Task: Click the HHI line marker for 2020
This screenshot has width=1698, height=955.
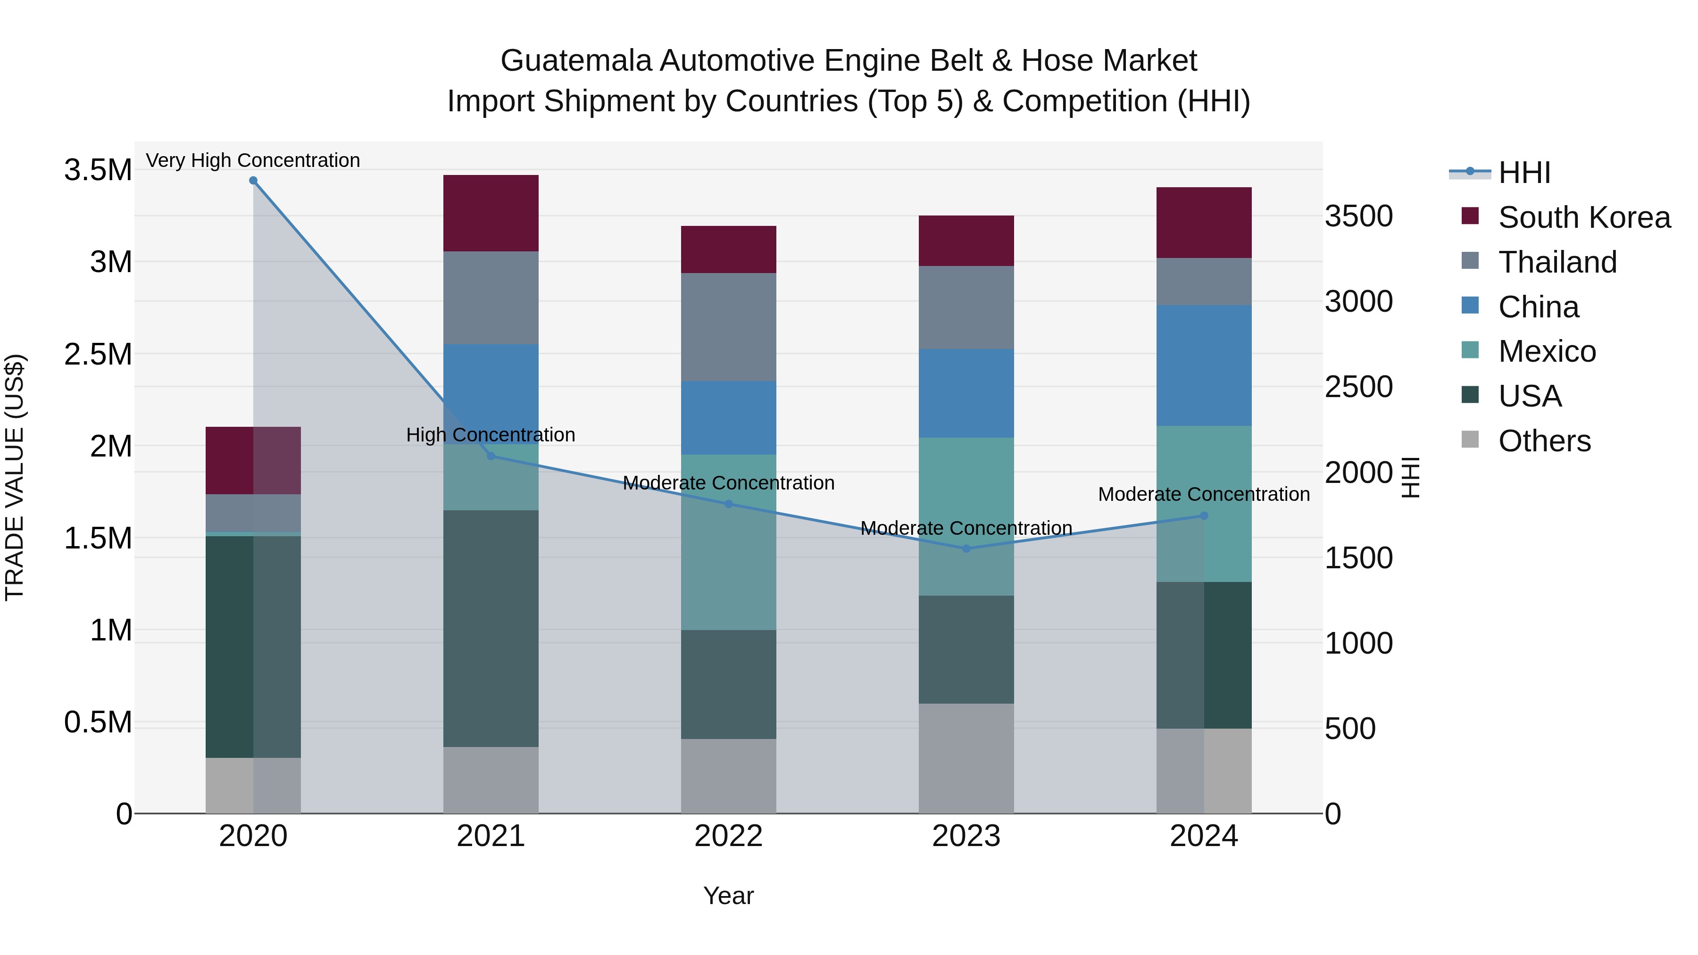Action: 253,181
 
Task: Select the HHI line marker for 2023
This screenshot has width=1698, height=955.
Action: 966,548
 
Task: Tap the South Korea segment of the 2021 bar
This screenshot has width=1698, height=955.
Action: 491,213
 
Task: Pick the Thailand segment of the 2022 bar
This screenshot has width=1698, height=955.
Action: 728,327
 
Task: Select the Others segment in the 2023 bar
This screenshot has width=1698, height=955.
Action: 966,758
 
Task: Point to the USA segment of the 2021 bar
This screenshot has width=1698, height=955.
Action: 491,628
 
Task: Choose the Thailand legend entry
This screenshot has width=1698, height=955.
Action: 1557,262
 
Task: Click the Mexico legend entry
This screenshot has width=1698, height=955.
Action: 1547,351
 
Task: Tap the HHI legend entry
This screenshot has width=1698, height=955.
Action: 1523,173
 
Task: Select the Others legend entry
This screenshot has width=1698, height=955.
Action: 1544,441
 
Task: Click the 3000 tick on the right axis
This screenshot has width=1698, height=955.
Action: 1359,302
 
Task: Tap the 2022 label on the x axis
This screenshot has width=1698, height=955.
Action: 728,836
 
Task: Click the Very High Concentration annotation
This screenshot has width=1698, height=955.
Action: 253,160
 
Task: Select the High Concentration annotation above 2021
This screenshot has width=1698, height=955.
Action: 491,435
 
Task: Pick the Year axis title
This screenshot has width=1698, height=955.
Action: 728,896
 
